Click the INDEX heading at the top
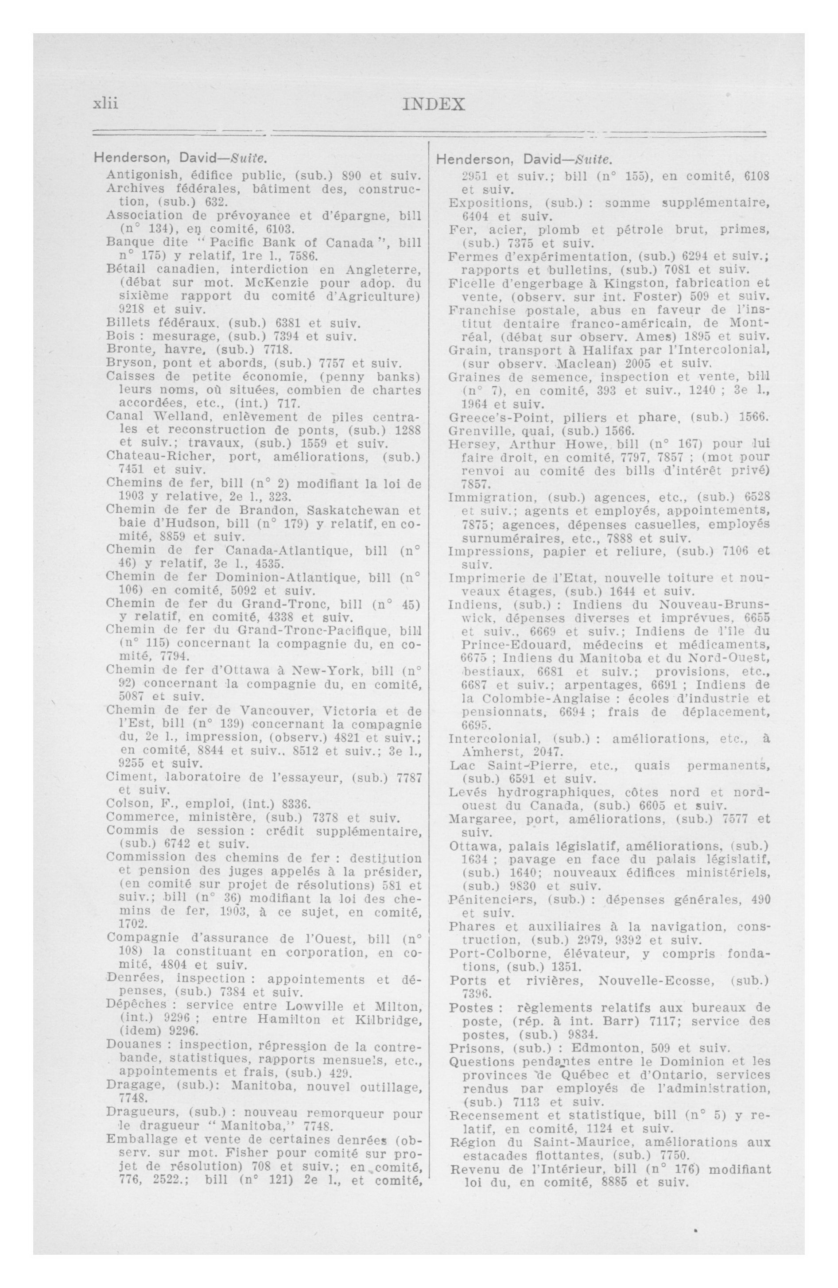coord(433,104)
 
